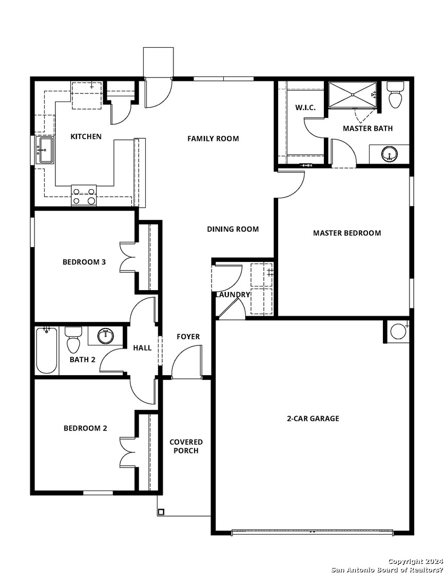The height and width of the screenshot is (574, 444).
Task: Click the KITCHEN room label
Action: point(86,137)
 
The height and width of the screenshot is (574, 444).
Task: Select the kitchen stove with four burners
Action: point(84,195)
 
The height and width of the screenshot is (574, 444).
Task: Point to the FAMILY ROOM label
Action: point(213,139)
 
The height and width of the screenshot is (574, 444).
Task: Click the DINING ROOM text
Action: point(233,229)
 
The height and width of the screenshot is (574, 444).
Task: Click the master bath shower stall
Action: point(353,95)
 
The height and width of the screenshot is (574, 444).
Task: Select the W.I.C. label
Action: point(305,107)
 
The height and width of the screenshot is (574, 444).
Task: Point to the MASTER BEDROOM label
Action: point(347,233)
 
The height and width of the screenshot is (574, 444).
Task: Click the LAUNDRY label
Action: point(232,294)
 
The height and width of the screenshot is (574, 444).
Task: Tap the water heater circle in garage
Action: point(398,331)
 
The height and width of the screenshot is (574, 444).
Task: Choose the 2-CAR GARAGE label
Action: point(313,418)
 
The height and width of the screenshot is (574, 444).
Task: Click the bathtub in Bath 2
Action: point(46,350)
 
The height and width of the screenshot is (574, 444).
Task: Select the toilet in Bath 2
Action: point(73,340)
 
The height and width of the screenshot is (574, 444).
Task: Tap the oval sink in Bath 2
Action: point(105,336)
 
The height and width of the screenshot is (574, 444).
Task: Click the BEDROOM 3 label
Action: point(84,262)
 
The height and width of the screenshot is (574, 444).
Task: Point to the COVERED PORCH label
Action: point(186,446)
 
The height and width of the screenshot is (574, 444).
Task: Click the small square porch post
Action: point(161,512)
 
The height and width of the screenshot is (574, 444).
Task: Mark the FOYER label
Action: point(188,337)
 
